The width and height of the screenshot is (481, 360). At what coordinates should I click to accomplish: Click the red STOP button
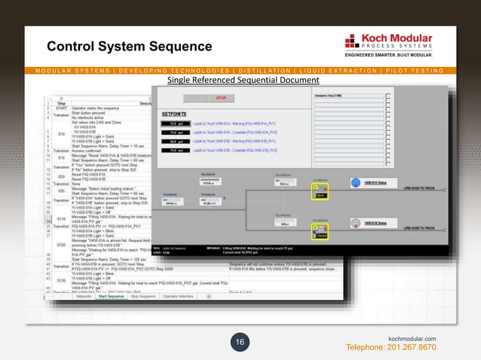[221, 97]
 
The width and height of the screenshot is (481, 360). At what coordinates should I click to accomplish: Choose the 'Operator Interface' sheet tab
[181, 297]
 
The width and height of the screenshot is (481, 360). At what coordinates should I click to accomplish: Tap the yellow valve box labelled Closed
[320, 235]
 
